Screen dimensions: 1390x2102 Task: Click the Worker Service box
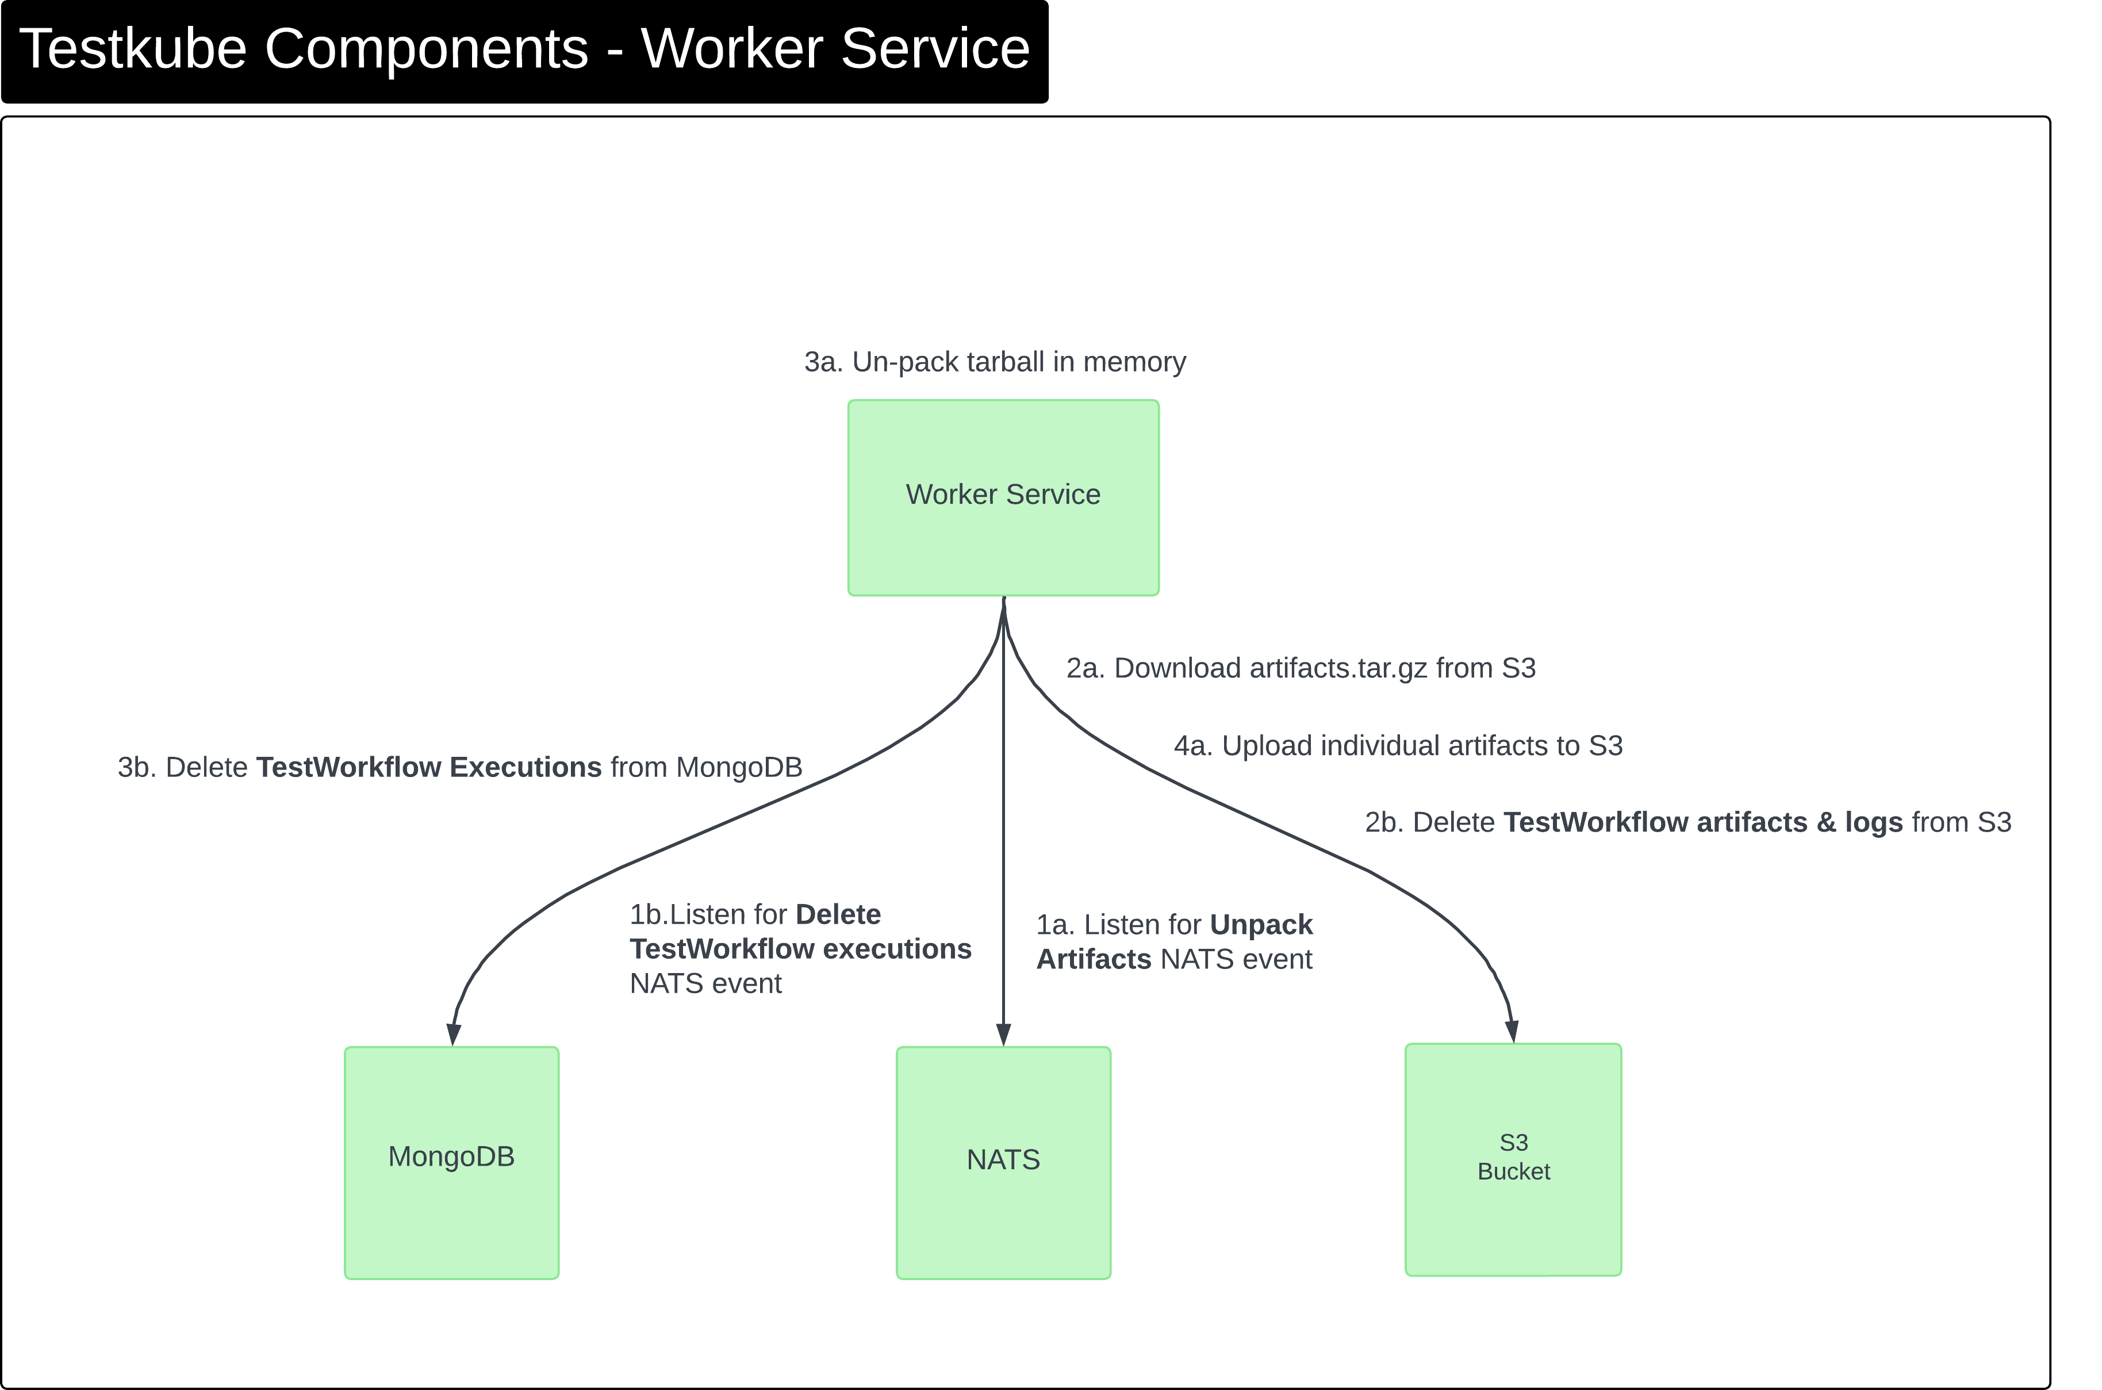(x=1003, y=497)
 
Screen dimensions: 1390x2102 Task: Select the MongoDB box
(x=451, y=1162)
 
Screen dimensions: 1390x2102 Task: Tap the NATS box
(x=1003, y=1162)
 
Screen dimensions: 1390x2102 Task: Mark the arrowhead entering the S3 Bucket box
(x=1512, y=1031)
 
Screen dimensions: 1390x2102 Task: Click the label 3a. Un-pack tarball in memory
(x=994, y=362)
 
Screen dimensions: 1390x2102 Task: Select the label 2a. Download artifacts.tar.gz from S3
(x=1300, y=668)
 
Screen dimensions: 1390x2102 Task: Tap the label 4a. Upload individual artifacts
(x=1398, y=745)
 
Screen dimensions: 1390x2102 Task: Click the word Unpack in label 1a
(x=1260, y=925)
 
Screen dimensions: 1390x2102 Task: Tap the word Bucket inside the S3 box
(x=1514, y=1172)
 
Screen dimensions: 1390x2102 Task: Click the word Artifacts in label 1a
(x=1094, y=959)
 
